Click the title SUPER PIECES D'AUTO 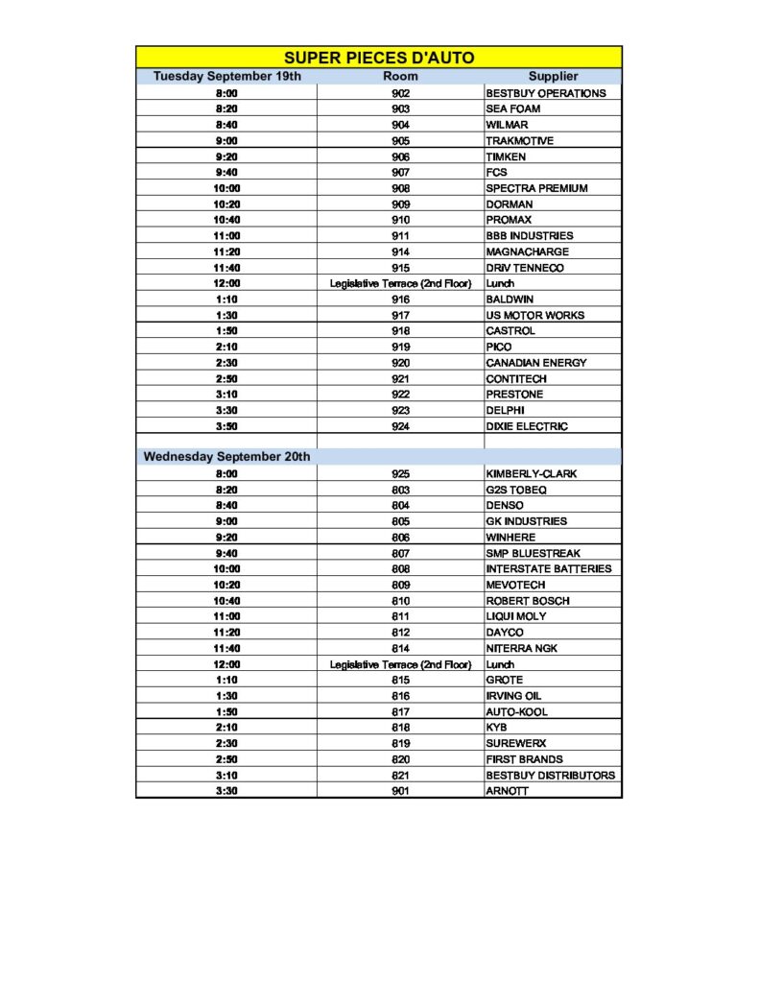(379, 58)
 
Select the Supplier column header (553, 76)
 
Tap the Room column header (400, 76)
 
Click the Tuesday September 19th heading (227, 76)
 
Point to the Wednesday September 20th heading (226, 457)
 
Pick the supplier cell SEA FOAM (513, 109)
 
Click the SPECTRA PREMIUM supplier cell (536, 188)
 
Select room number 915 (400, 268)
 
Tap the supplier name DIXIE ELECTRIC (527, 426)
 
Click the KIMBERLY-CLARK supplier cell (533, 474)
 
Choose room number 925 (400, 474)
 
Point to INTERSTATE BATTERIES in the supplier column (548, 569)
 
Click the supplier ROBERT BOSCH (528, 601)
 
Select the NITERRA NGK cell (522, 649)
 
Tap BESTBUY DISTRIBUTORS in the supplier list (551, 776)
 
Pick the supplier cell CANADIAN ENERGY (535, 363)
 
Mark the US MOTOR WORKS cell (534, 315)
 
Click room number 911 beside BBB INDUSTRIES (400, 236)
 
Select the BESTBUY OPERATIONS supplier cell (546, 93)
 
